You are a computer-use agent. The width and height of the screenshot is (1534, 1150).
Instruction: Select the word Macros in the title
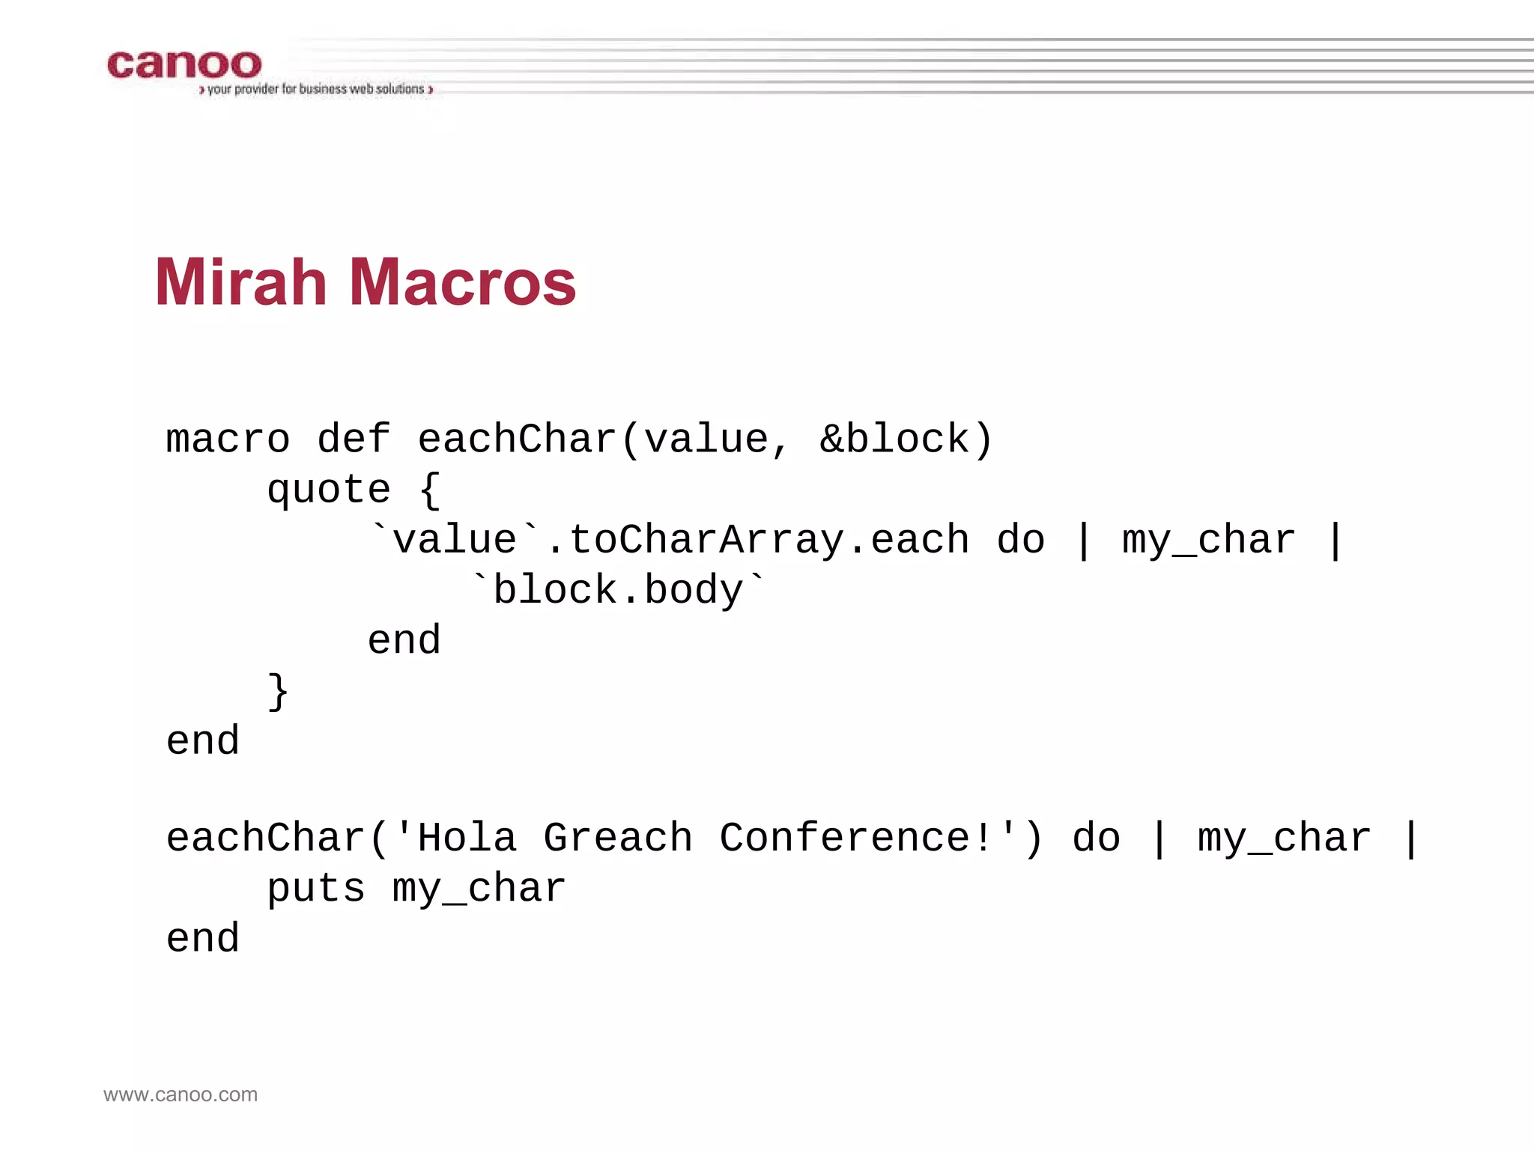pos(462,282)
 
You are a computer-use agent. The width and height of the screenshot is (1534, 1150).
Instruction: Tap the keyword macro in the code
pos(228,439)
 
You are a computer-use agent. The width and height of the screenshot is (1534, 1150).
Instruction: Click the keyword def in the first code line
pos(354,439)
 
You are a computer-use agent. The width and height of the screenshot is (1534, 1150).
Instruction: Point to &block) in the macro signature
pos(906,439)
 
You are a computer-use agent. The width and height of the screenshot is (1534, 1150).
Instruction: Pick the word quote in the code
pos(329,490)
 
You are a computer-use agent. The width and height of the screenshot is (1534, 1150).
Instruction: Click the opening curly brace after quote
pos(430,490)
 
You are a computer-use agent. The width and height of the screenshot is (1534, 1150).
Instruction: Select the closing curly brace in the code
pos(278,690)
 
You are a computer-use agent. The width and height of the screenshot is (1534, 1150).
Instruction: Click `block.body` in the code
pos(619,590)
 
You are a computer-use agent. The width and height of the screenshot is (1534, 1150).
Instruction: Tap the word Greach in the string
pos(618,838)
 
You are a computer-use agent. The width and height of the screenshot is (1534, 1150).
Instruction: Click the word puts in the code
pos(316,889)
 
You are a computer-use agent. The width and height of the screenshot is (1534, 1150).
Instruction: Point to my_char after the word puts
pos(479,889)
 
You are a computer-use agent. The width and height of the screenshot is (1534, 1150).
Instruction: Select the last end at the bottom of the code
pos(203,939)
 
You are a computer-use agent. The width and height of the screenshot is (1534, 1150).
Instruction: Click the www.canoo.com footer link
pos(181,1095)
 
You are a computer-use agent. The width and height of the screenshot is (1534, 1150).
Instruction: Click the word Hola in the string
pos(467,838)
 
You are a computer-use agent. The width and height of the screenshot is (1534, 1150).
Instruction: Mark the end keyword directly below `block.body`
pos(404,641)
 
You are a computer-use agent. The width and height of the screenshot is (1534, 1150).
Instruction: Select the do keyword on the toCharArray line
pos(1020,541)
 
